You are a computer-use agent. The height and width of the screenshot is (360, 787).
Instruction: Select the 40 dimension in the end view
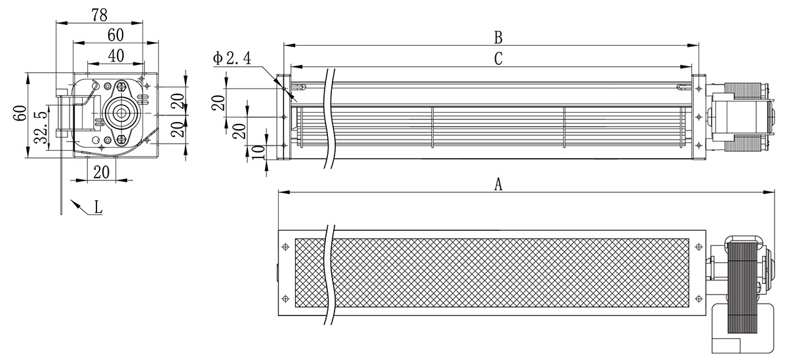coord(116,56)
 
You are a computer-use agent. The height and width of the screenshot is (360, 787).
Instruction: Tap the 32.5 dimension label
coord(41,127)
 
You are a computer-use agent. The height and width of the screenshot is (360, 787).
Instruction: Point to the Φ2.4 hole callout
coord(232,58)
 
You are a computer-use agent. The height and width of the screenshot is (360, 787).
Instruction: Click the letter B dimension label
coord(498,37)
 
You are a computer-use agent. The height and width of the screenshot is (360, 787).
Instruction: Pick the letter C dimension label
coord(498,58)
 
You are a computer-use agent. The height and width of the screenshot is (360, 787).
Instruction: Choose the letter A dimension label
coord(498,184)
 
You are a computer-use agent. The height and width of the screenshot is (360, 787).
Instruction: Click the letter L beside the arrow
coord(98,207)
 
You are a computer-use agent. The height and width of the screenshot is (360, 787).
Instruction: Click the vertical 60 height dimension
coord(20,113)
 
